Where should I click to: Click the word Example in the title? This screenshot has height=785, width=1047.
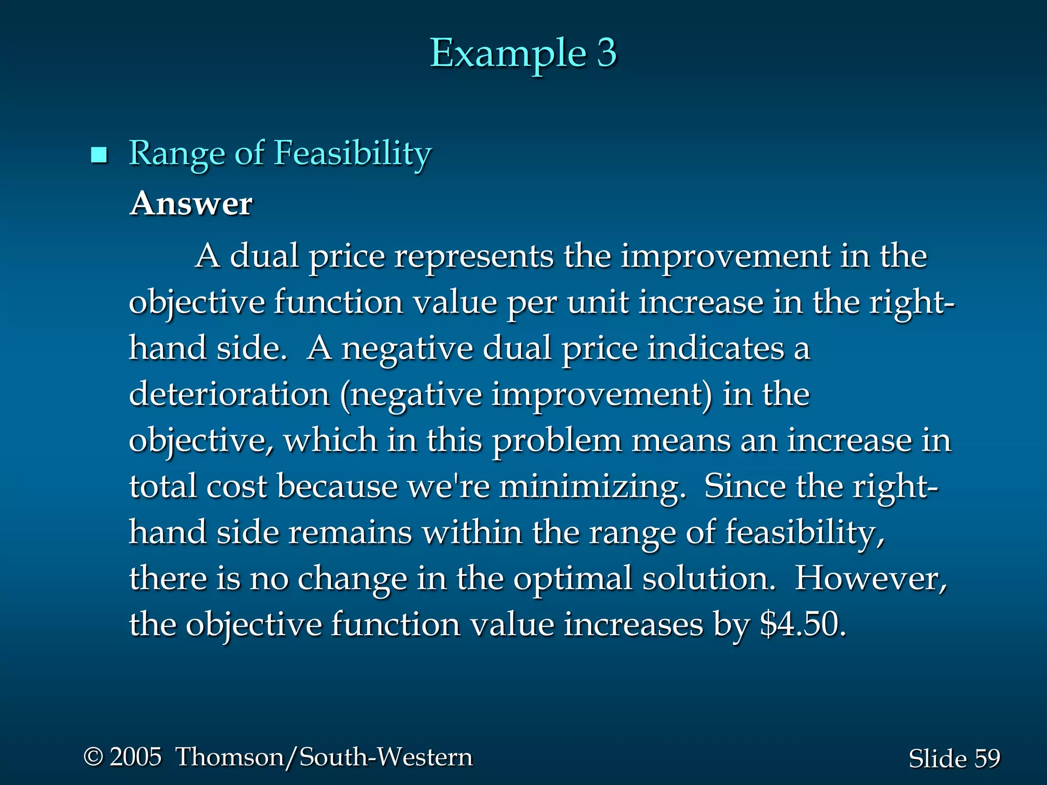(507, 53)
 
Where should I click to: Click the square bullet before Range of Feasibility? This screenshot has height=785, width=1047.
(99, 154)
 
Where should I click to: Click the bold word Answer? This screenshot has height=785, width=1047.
(191, 203)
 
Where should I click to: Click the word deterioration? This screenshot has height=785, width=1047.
(229, 394)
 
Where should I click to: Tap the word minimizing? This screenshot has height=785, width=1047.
(591, 486)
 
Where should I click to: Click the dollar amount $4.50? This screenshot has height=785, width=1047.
(802, 624)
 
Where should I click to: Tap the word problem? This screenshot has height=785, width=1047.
(557, 440)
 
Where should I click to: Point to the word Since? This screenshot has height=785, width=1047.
(745, 486)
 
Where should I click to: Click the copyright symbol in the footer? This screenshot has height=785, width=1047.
(93, 756)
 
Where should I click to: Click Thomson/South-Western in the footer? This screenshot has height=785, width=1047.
(324, 757)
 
